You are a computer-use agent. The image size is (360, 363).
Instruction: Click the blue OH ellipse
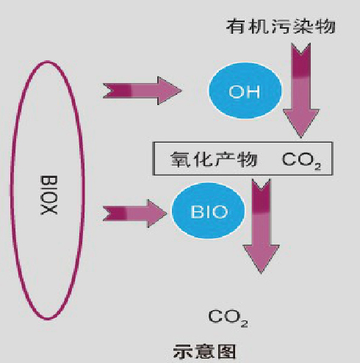coord(245,90)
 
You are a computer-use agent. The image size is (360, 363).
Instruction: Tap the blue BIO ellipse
coord(208,211)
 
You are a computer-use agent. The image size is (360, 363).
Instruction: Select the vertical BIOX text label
coord(48,195)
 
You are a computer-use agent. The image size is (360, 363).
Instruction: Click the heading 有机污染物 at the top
coord(281,26)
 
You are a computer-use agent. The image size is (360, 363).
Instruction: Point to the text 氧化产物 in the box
coord(214,159)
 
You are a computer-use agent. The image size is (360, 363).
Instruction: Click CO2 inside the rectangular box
coord(301,160)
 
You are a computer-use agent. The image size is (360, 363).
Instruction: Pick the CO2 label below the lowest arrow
coord(228,318)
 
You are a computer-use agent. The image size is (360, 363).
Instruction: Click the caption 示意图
coord(204,352)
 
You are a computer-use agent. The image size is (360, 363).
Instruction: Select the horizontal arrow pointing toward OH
coord(143,90)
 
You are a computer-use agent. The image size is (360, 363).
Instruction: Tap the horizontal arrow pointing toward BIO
coord(135,213)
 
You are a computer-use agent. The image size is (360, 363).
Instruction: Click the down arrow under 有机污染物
coord(301,90)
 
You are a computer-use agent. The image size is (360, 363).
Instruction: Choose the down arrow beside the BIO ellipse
coord(262,226)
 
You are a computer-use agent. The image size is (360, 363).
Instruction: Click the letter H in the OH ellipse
coord(253,92)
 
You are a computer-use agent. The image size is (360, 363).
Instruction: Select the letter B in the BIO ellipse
coord(196,212)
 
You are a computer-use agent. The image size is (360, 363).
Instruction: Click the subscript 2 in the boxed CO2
coord(317,167)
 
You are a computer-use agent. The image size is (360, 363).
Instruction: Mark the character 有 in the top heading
coord(234,26)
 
